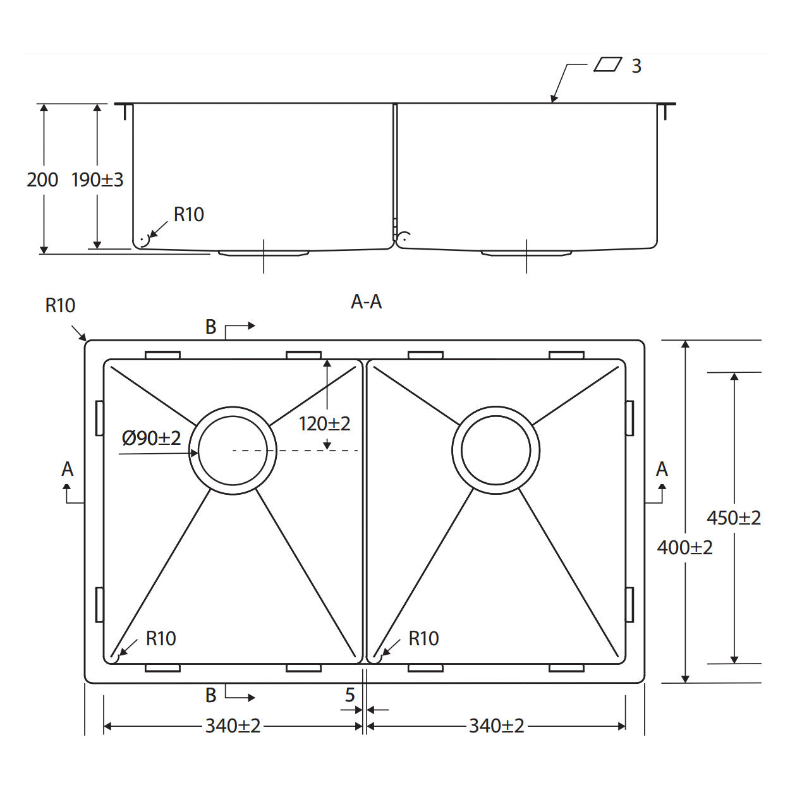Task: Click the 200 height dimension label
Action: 42,180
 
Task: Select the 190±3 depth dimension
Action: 97,180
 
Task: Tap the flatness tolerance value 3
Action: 636,66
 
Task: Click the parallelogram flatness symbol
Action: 608,64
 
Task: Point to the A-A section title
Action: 367,301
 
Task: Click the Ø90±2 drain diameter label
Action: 151,438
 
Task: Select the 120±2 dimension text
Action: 325,424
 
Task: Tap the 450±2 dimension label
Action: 734,518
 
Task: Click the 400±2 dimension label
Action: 685,547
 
